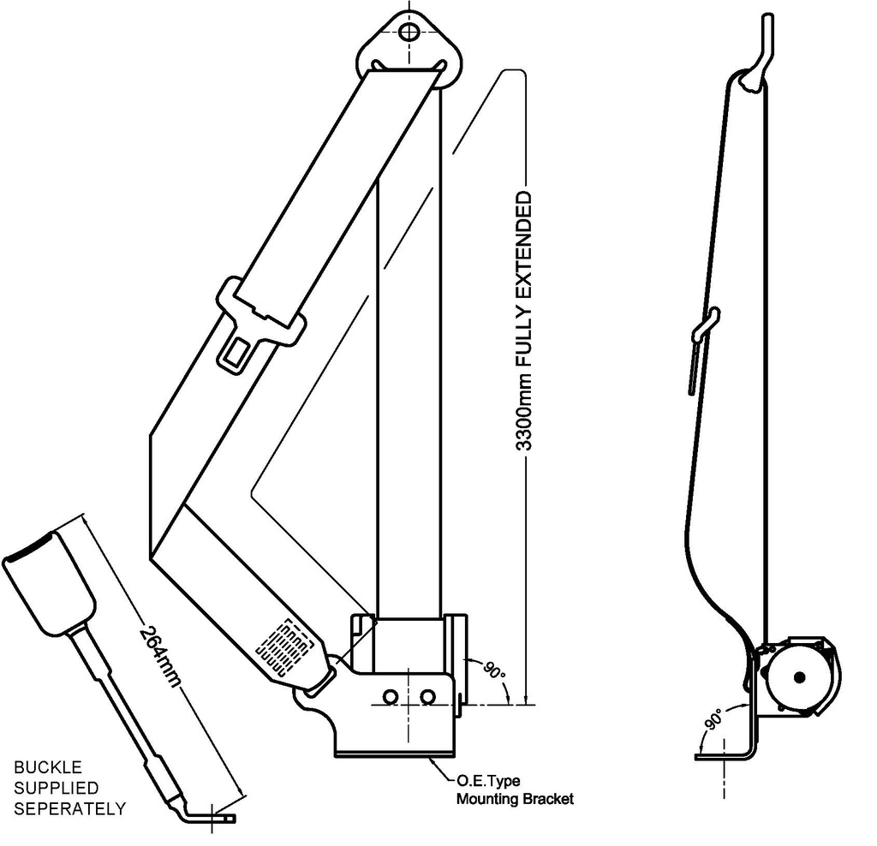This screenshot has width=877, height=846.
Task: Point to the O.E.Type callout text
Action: tap(487, 781)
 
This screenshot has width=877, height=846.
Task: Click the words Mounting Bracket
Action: tap(514, 800)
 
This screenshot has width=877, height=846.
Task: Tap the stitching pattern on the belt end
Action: tap(284, 647)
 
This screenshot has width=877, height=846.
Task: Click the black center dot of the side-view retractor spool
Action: tap(800, 677)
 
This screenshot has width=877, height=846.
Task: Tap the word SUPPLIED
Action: tap(56, 788)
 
